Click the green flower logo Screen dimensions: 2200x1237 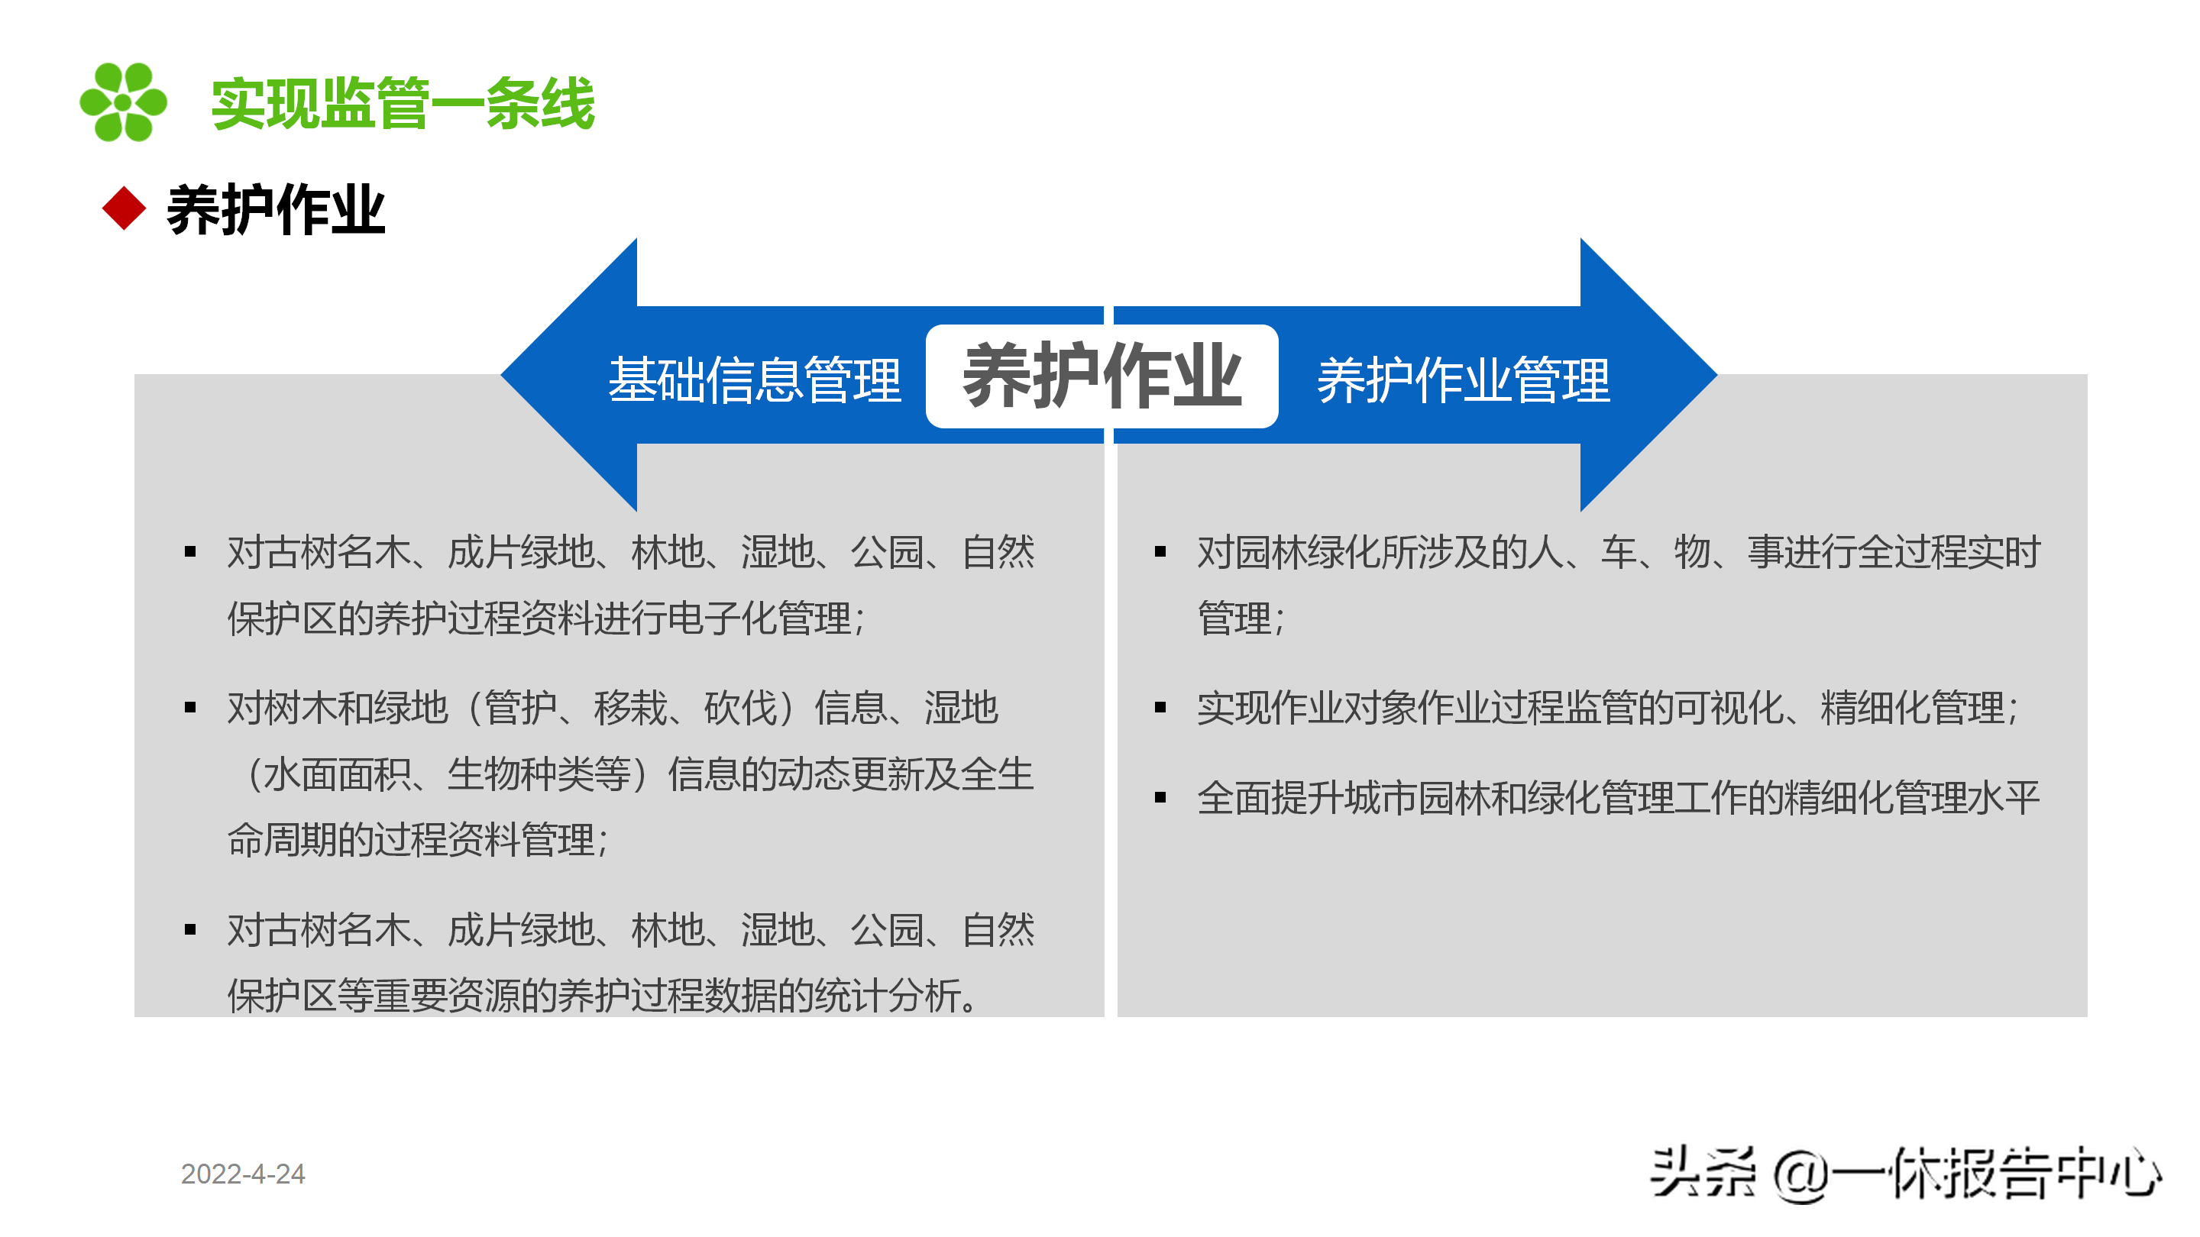click(123, 102)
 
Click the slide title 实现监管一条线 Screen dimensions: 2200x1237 click(403, 103)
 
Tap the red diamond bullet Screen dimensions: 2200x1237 click(125, 208)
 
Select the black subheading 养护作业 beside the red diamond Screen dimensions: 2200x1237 click(276, 210)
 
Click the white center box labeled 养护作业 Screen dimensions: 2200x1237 click(1102, 376)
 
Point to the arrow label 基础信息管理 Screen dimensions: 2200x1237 click(755, 380)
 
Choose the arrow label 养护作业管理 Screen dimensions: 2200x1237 click(1464, 381)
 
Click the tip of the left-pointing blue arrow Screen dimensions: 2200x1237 click(502, 374)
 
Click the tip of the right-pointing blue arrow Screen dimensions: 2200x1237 click(1716, 374)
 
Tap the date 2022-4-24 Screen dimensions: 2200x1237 click(243, 1174)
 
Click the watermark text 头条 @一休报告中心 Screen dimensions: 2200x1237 click(1906, 1174)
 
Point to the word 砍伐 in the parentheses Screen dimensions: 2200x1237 click(740, 708)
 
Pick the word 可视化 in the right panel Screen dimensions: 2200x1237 click(1729, 708)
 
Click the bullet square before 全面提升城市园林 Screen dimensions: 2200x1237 click(1160, 798)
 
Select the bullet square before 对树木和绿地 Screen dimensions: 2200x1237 click(190, 708)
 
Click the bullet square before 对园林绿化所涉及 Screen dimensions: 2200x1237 click(1160, 552)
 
